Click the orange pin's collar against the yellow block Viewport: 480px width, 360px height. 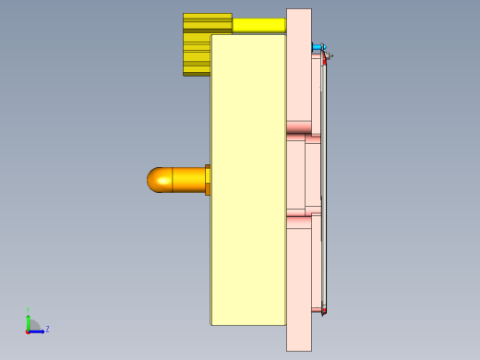coord(208,180)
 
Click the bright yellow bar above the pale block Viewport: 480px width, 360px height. coord(258,25)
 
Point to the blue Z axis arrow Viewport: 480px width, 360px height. coord(38,330)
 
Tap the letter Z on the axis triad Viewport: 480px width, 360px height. coord(47,329)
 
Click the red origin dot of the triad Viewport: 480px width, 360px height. coord(28,330)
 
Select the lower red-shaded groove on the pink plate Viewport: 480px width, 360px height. coord(298,222)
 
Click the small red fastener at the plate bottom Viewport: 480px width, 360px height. coord(323,311)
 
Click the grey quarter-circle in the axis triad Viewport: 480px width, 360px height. coord(32,325)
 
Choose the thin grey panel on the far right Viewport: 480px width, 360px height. coord(324,185)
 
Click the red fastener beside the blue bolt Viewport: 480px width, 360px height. coord(325,57)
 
